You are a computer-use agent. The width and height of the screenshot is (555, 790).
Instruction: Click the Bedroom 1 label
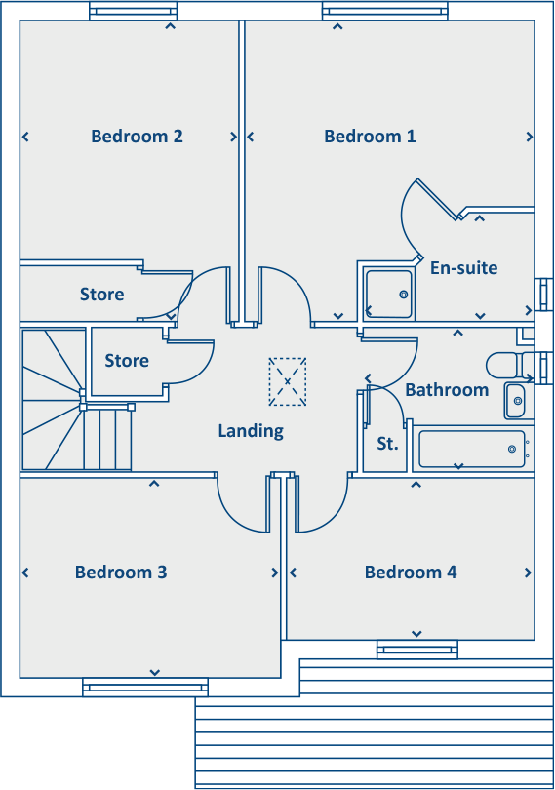pyautogui.click(x=370, y=137)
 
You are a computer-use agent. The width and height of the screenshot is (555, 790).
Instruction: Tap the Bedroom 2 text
pyautogui.click(x=137, y=137)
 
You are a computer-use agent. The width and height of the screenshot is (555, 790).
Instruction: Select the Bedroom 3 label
pyautogui.click(x=121, y=573)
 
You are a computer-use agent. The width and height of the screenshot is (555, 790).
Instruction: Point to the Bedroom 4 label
pyautogui.click(x=411, y=573)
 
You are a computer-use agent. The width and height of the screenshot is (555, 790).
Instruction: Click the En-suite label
pyautogui.click(x=463, y=267)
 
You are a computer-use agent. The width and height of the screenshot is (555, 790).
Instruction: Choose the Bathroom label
pyautogui.click(x=447, y=390)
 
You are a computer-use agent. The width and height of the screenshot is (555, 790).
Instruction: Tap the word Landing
pyautogui.click(x=251, y=430)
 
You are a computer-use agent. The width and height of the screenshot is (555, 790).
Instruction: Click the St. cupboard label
pyautogui.click(x=387, y=445)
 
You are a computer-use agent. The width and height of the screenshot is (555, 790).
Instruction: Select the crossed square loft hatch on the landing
pyautogui.click(x=287, y=381)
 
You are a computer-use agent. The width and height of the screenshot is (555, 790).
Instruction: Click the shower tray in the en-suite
pyautogui.click(x=387, y=294)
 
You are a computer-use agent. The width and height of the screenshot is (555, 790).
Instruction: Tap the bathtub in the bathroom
pyautogui.click(x=472, y=450)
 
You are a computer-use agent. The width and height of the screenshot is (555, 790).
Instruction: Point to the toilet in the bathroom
pyautogui.click(x=503, y=366)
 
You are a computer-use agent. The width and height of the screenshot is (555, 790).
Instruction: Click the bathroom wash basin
pyautogui.click(x=515, y=400)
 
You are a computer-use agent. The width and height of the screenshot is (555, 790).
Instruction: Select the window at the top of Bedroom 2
pyautogui.click(x=134, y=12)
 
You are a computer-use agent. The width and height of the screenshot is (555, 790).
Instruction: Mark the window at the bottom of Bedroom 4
pyautogui.click(x=416, y=649)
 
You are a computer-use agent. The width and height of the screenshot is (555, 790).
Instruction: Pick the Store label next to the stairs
pyautogui.click(x=127, y=361)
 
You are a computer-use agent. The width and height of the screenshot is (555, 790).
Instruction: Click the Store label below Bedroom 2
pyautogui.click(x=102, y=295)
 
